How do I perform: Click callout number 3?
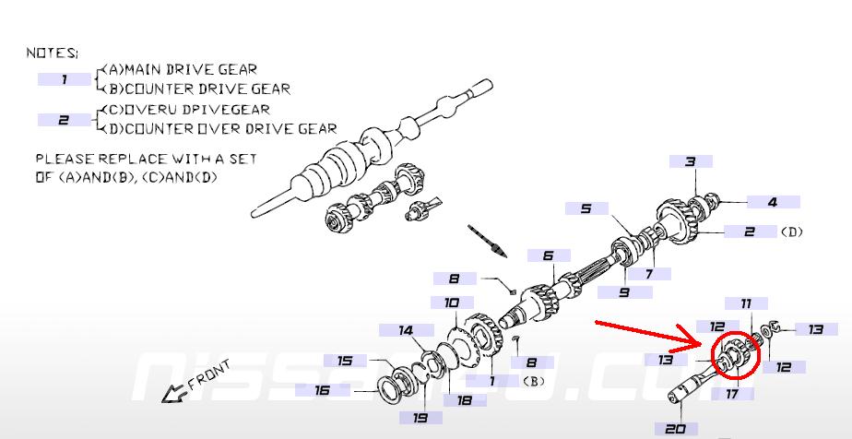tap(689, 162)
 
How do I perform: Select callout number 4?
tap(773, 202)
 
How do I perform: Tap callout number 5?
tap(586, 208)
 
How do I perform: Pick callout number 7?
tap(649, 274)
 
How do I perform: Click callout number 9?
tap(623, 292)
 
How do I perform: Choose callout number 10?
tap(452, 303)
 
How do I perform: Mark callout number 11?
tap(746, 303)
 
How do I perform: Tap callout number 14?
tap(406, 330)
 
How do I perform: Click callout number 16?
tap(322, 390)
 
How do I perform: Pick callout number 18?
tap(464, 399)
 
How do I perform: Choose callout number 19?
tap(407, 418)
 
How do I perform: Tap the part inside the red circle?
tap(734, 358)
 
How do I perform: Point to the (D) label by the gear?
tap(791, 231)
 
